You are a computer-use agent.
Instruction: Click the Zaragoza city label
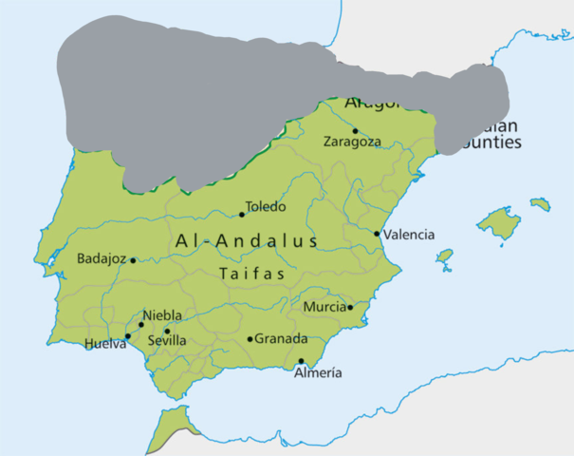pyautogui.click(x=352, y=142)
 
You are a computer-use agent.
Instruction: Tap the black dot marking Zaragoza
pyautogui.click(x=356, y=131)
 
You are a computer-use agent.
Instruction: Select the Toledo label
pyautogui.click(x=266, y=206)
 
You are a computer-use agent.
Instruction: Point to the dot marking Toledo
pyautogui.click(x=242, y=214)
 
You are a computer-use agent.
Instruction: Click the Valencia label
pyautogui.click(x=410, y=235)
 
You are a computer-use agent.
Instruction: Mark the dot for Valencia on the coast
pyautogui.click(x=378, y=234)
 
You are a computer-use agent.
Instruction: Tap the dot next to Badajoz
pyautogui.click(x=133, y=260)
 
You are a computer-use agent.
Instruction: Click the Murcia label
pyautogui.click(x=324, y=307)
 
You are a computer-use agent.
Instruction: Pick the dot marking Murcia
pyautogui.click(x=350, y=307)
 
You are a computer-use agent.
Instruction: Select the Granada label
pyautogui.click(x=282, y=339)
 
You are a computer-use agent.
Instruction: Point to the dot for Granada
pyautogui.click(x=250, y=339)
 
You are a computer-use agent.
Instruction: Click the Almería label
pyautogui.click(x=318, y=373)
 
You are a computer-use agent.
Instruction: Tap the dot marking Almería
pyautogui.click(x=302, y=361)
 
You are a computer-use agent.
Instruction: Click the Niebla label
pyautogui.click(x=162, y=316)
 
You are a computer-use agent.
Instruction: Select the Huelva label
pyautogui.click(x=104, y=344)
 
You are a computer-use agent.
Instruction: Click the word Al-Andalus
pyautogui.click(x=247, y=241)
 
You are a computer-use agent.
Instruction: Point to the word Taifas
pyautogui.click(x=252, y=274)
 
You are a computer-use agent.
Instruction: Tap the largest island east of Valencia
pyautogui.click(x=499, y=222)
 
